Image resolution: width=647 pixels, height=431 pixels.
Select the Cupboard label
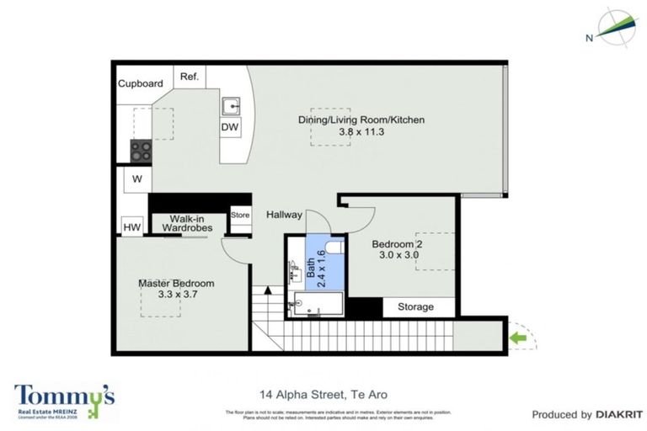pos(140,84)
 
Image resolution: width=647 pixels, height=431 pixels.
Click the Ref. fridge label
pos(189,77)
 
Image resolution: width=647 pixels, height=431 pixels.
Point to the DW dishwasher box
pos(230,128)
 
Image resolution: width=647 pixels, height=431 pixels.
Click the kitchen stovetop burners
pos(140,151)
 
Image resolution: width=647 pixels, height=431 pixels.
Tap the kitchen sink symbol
pos(231,106)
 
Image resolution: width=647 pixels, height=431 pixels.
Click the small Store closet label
pos(240,215)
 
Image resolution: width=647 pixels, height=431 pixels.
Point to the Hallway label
pos(284,215)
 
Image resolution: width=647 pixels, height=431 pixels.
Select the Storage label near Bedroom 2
pos(415,307)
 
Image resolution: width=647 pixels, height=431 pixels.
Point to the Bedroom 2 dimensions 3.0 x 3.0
pos(398,255)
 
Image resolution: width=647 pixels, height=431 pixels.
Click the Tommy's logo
pos(64,398)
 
